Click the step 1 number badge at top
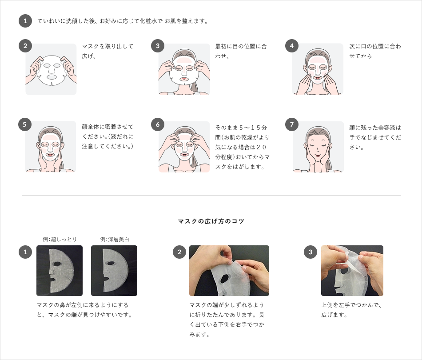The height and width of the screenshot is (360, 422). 25,21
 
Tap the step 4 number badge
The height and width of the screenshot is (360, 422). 292,46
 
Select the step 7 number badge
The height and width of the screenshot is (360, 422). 292,124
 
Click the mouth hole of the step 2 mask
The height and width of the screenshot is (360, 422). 51,77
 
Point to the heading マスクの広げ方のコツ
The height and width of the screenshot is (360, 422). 211,221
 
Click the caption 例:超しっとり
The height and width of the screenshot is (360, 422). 60,239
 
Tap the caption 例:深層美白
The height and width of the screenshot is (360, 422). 114,239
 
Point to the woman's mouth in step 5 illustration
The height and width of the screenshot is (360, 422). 50,155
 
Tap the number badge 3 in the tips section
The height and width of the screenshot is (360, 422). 311,252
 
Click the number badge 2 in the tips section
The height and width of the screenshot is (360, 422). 179,252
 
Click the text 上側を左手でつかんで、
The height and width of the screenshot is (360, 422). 351,305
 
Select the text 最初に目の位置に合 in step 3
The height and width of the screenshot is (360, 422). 241,46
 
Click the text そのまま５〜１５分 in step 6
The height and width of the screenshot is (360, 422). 241,128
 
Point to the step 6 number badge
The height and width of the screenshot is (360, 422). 158,124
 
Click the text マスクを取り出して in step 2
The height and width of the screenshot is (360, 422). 107,46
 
